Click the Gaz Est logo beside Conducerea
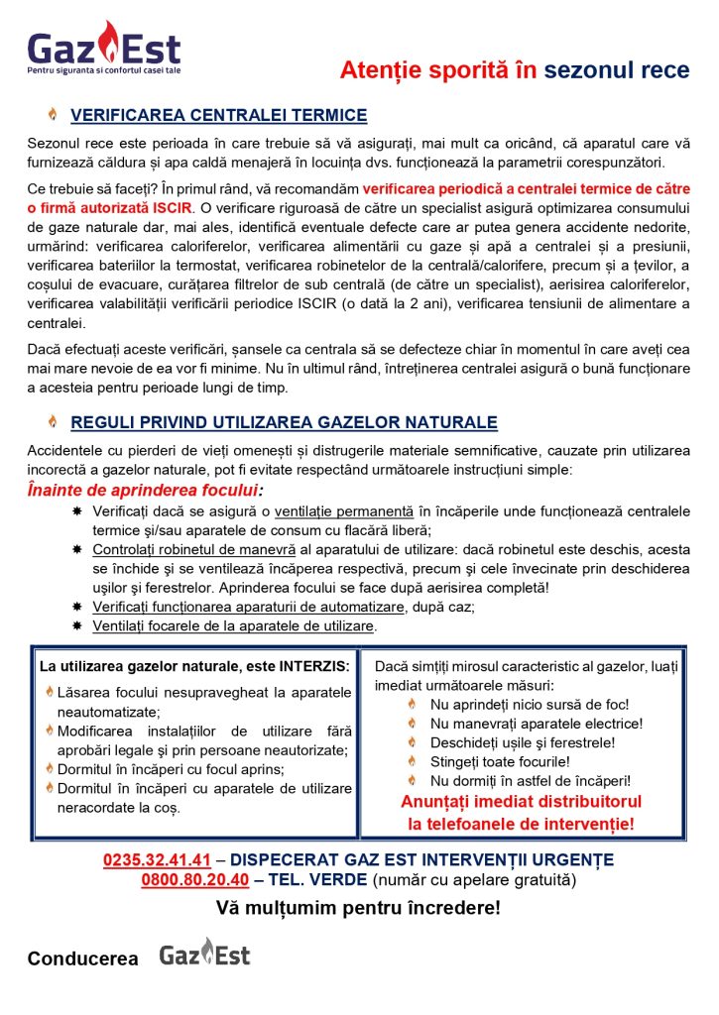(x=204, y=955)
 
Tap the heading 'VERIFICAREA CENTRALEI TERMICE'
(x=218, y=116)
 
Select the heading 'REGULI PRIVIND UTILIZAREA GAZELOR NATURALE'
(x=284, y=423)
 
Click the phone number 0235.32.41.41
(x=157, y=859)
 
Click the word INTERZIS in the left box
(x=310, y=666)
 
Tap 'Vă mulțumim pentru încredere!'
(x=358, y=907)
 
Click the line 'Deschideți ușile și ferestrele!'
(x=523, y=742)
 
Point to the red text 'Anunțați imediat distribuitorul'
(x=521, y=801)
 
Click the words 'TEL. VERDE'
(x=324, y=879)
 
